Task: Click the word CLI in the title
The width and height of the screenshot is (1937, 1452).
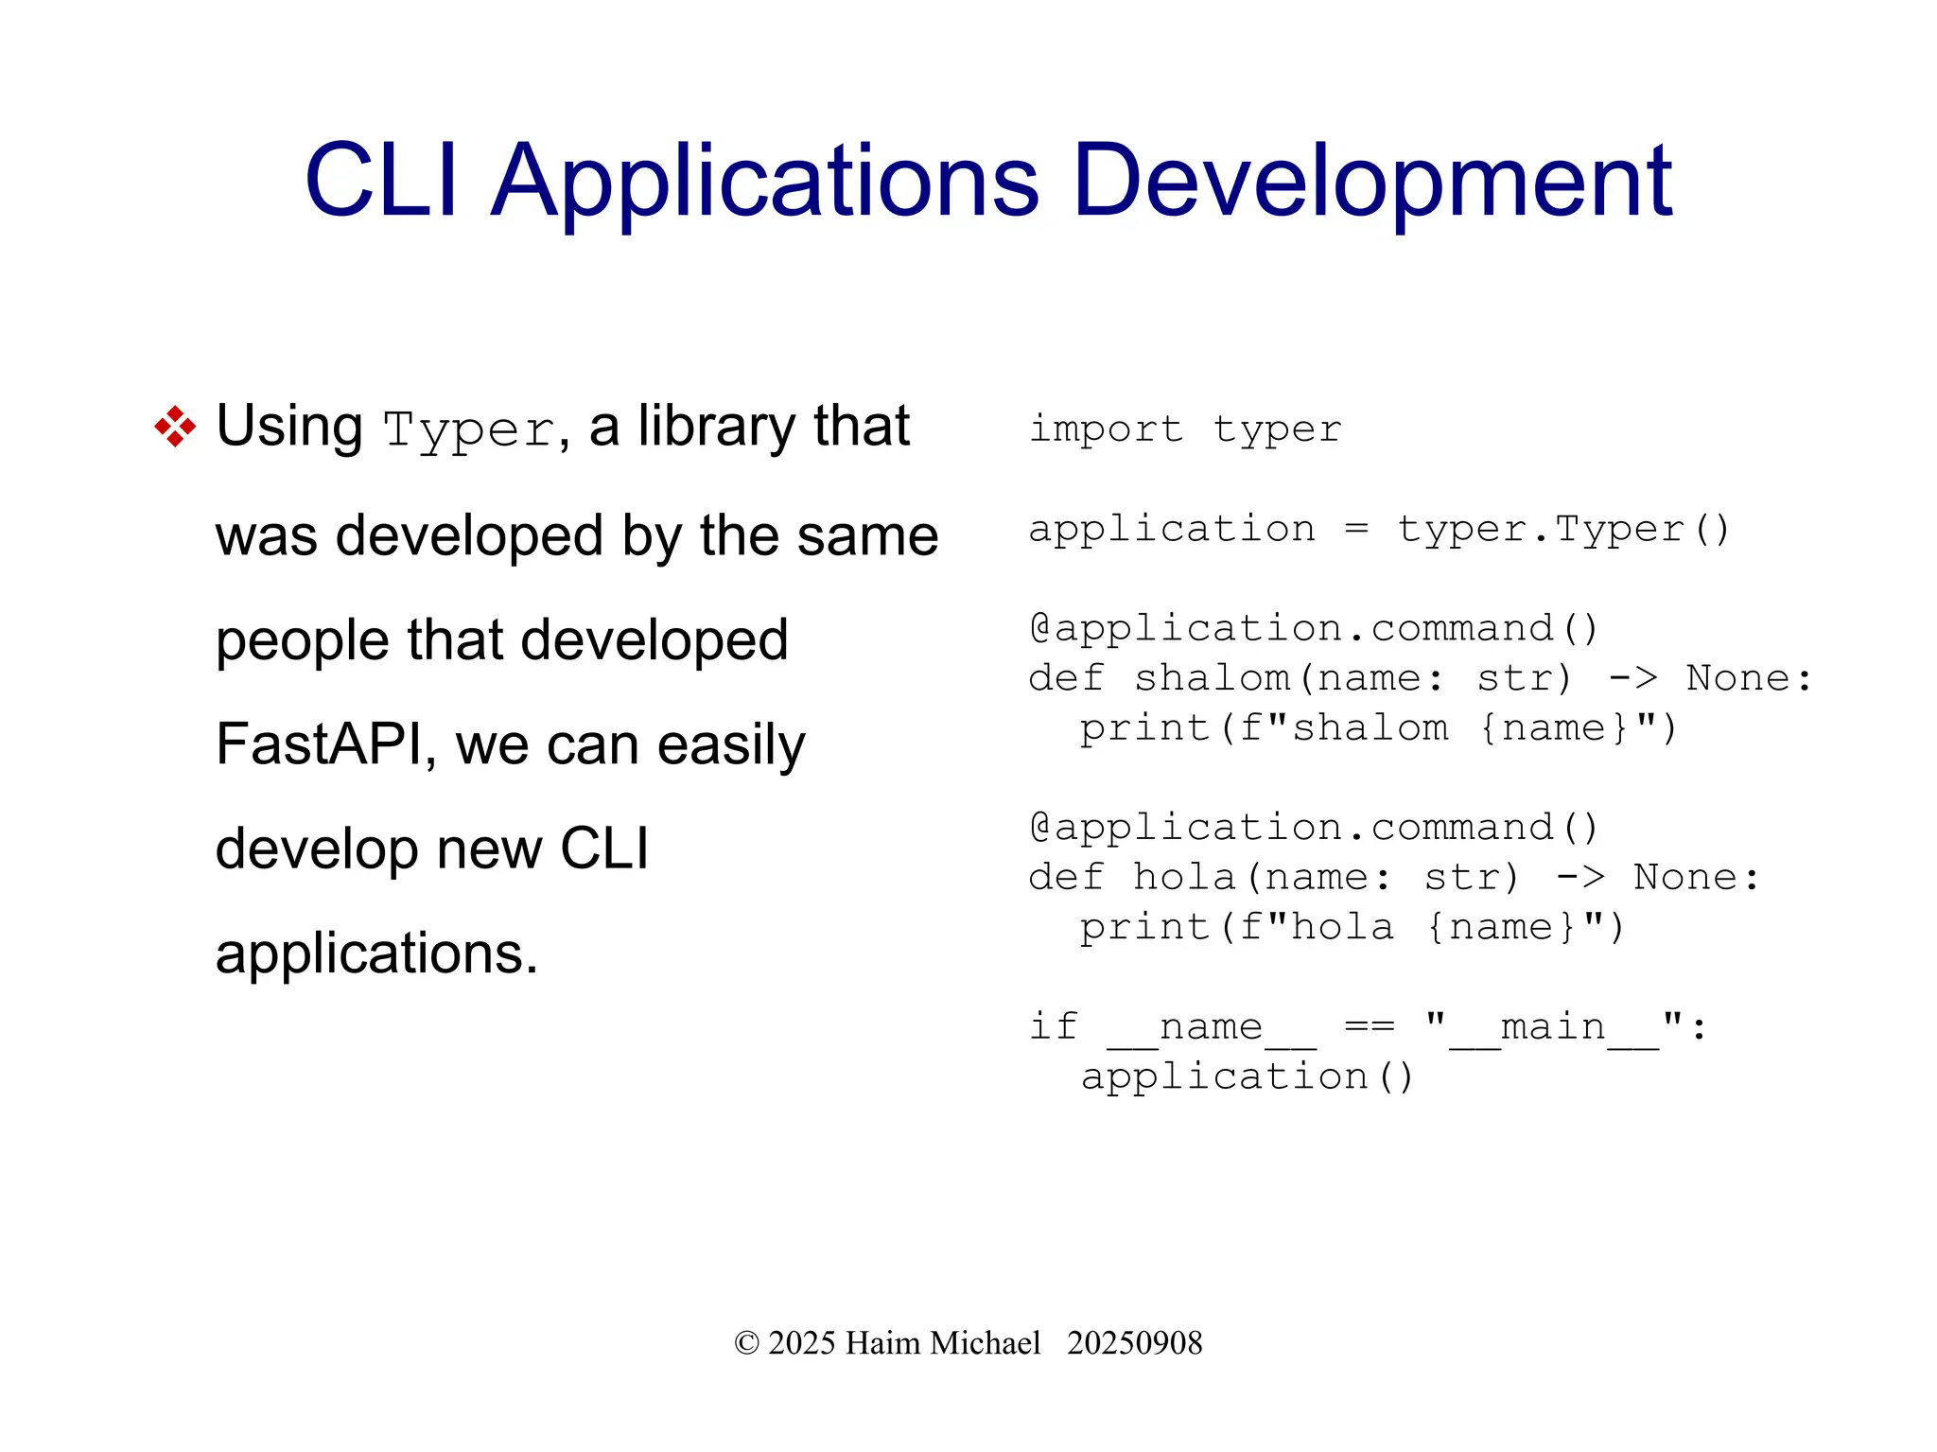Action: pos(381,181)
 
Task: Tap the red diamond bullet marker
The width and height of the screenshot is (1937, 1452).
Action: pos(175,427)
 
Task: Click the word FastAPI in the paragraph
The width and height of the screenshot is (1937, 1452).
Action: pos(318,744)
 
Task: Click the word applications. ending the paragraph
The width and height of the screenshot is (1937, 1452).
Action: pos(376,953)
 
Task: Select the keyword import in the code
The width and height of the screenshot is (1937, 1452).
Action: pos(1105,429)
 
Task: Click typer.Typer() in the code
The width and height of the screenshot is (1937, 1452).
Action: pos(1562,530)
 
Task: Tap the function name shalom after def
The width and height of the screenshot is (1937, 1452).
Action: pos(1212,678)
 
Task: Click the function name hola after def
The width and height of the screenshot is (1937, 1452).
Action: pos(1184,878)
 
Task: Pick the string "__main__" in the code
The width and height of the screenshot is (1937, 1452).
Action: pos(1555,1027)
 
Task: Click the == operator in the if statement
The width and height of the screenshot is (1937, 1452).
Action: pos(1368,1027)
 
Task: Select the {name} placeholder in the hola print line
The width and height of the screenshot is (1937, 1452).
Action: pos(1501,928)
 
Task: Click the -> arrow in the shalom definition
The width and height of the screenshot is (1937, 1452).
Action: pos(1633,678)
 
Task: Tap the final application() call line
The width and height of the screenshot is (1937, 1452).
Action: pos(1247,1077)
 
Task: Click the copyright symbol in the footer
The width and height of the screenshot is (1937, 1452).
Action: pos(746,1343)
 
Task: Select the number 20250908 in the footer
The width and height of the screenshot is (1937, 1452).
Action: pos(1134,1343)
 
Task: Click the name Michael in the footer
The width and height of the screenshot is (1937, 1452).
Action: pos(985,1343)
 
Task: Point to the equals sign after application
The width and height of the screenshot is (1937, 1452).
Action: pos(1356,530)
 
